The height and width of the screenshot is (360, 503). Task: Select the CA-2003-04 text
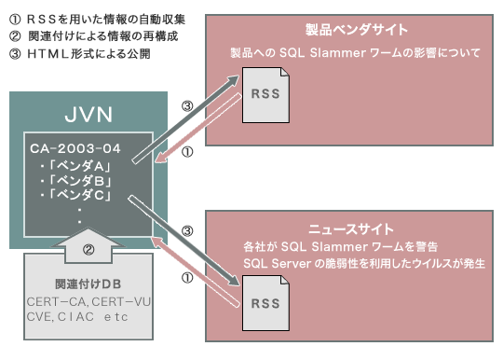pos(76,146)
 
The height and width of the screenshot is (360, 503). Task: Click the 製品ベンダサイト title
pos(350,30)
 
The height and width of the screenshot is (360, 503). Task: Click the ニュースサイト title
pos(350,228)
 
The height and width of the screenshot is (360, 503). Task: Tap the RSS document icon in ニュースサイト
pos(264,303)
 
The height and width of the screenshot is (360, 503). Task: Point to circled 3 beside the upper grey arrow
pos(186,105)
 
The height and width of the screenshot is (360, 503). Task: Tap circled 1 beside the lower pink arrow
pos(186,274)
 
